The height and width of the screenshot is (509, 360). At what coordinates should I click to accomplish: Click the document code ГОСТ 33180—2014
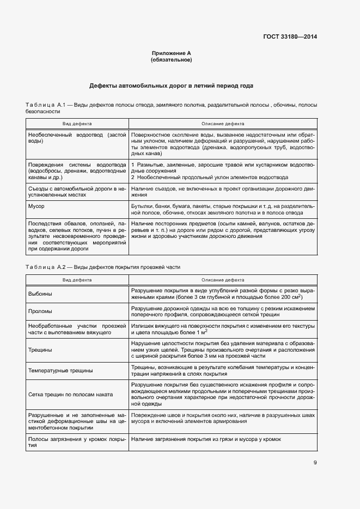click(x=290, y=37)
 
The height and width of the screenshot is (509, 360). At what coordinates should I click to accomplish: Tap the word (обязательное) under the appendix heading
click(x=171, y=60)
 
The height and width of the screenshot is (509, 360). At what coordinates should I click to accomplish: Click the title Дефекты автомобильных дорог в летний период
click(x=171, y=86)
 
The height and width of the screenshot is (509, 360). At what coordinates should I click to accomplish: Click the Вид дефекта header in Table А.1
click(x=77, y=124)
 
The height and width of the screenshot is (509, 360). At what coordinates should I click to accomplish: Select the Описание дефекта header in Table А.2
click(x=223, y=280)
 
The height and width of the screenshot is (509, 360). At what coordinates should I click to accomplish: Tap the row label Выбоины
click(x=40, y=294)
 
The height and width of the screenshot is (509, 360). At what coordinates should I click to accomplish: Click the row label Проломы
click(x=40, y=311)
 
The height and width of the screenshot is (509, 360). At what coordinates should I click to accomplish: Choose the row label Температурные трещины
click(x=60, y=371)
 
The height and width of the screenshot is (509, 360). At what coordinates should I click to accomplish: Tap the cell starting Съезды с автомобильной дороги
click(x=76, y=191)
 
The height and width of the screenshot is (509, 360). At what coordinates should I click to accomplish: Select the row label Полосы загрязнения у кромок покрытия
click(x=76, y=442)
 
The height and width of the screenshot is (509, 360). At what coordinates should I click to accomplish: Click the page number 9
click(x=315, y=463)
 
